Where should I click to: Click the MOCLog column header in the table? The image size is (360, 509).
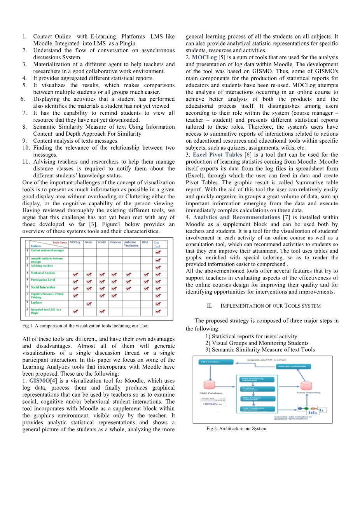75,242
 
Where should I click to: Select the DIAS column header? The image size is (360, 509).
145,242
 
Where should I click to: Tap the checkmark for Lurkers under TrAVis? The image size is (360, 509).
89,304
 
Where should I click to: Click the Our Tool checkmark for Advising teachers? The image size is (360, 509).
158,267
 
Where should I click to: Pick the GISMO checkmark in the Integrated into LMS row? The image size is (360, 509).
102,311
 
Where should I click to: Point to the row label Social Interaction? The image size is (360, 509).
43,287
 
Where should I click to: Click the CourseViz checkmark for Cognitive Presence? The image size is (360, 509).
114,296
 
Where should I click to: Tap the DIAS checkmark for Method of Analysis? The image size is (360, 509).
146,274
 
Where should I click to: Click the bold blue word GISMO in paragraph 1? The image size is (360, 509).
39,381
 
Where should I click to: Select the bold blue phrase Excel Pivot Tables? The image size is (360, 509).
217,155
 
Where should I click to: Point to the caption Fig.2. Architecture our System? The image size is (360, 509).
236,429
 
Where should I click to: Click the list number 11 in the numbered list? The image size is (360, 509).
26,162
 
